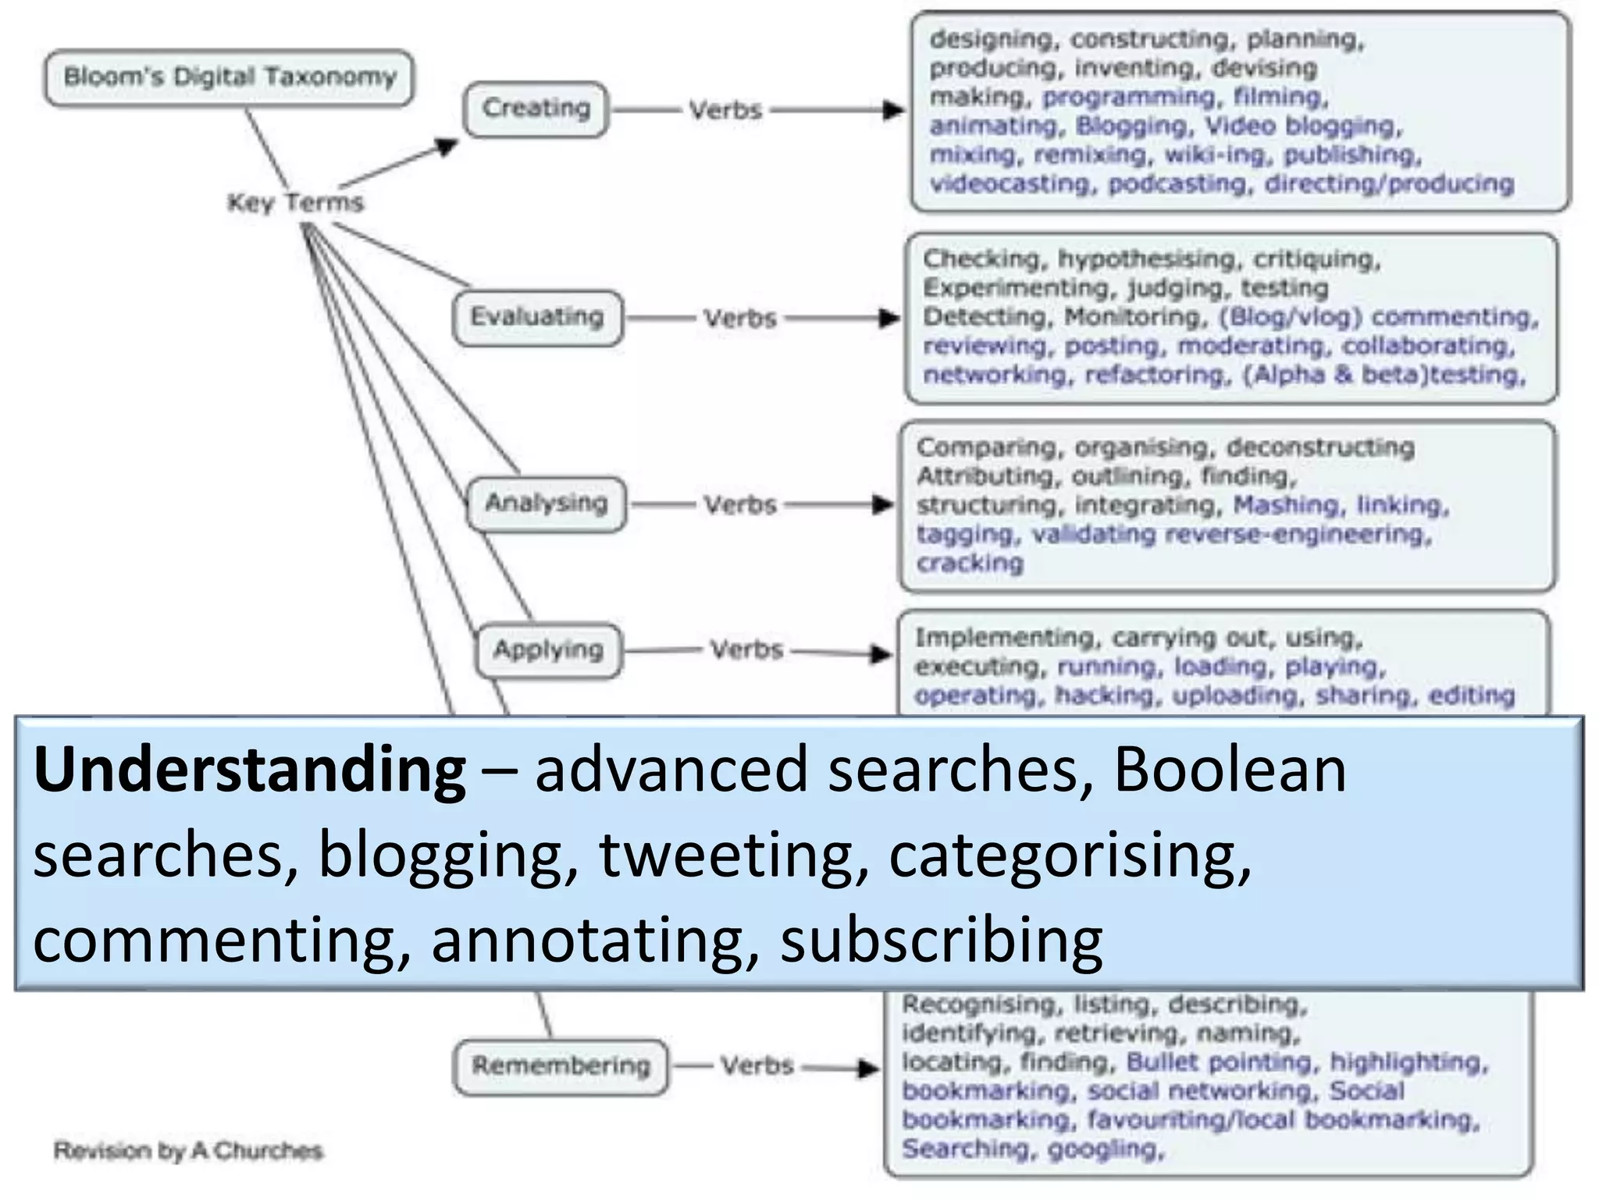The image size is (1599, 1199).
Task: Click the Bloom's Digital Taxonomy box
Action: click(x=229, y=77)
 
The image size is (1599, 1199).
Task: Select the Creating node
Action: click(x=536, y=109)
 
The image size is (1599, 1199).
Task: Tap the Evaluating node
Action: click(x=537, y=317)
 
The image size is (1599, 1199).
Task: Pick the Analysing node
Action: click(x=546, y=503)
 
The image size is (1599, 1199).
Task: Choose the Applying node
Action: click(x=548, y=650)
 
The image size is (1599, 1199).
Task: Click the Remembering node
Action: click(x=561, y=1066)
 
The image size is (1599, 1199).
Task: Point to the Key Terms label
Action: click(x=295, y=203)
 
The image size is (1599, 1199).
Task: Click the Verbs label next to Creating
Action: click(x=725, y=111)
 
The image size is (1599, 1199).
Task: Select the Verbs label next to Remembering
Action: click(x=757, y=1066)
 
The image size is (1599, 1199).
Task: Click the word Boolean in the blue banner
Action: click(x=1230, y=770)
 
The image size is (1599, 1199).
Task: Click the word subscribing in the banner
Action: click(x=941, y=940)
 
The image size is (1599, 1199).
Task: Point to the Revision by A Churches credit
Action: click(x=187, y=1151)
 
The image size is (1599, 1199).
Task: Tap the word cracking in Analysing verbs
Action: click(x=969, y=564)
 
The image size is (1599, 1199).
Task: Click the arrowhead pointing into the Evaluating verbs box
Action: click(x=889, y=318)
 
